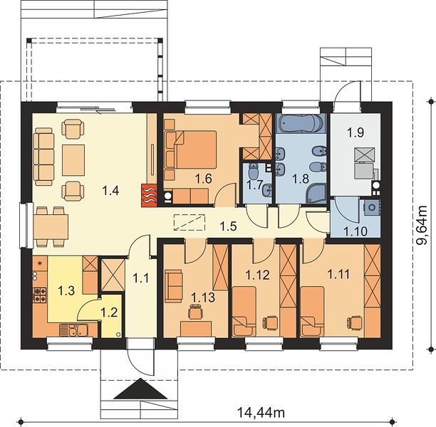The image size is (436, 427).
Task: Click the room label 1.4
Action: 110,191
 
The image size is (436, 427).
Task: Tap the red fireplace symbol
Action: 149,196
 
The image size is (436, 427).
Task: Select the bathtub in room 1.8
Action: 301,123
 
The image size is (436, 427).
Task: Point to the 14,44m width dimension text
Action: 261,413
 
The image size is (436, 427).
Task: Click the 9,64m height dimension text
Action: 421,225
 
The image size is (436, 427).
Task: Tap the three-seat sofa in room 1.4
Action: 43,157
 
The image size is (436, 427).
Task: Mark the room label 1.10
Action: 355,231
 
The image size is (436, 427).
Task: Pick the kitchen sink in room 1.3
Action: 74,330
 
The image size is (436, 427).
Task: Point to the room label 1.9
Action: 355,132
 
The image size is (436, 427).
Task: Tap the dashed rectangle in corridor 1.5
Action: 190,222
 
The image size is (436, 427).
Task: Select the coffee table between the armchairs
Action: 73,160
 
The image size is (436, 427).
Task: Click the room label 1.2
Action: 109,312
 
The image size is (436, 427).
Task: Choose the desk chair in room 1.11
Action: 355,322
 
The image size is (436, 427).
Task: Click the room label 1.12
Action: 257,275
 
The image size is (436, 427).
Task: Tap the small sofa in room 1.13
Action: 174,286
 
